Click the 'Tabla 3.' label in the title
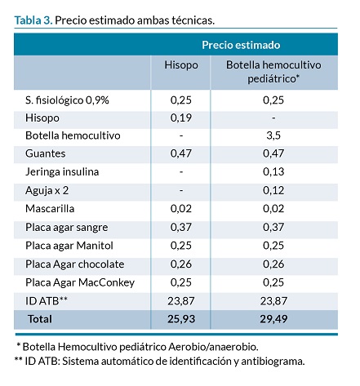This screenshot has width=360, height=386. [x=33, y=20]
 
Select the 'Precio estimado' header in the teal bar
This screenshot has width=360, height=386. [x=241, y=45]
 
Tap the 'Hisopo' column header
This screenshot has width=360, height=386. [x=181, y=65]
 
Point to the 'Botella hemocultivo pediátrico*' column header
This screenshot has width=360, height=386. [x=273, y=72]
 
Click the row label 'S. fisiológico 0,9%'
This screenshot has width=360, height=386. [x=67, y=100]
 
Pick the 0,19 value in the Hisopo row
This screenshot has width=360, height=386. [x=181, y=118]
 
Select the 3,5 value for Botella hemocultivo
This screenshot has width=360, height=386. [x=273, y=135]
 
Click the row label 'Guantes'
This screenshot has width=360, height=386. [x=46, y=153]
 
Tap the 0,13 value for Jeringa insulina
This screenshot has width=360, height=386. [x=273, y=171]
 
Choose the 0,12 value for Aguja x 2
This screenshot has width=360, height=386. [x=273, y=190]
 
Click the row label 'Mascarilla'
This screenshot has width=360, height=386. [x=50, y=209]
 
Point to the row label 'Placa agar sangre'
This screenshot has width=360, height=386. [x=67, y=228]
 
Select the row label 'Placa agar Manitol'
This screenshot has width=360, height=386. [x=69, y=246]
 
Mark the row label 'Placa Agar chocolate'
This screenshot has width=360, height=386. [x=75, y=264]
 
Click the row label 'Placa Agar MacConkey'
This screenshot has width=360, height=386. [x=80, y=282]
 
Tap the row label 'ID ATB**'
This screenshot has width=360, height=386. [x=47, y=301]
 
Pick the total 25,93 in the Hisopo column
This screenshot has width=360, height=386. [x=181, y=319]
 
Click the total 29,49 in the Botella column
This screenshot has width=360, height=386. [x=273, y=319]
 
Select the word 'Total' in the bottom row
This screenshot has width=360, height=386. [x=40, y=319]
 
